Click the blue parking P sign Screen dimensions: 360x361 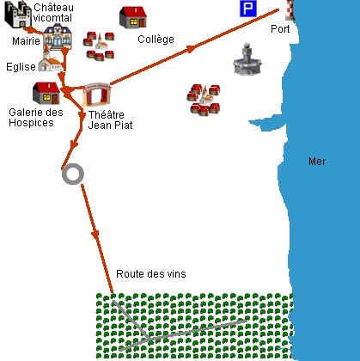[248, 9]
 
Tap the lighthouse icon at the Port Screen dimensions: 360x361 [290, 10]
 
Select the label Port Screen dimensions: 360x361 [280, 29]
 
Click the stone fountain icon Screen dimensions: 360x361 [247, 59]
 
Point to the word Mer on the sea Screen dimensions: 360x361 [317, 162]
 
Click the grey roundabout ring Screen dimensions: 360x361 [73, 165]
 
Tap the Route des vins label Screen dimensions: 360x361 [151, 274]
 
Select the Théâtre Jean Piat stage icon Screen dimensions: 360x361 [96, 95]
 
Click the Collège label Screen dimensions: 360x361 [156, 40]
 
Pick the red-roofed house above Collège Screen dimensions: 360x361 [133, 17]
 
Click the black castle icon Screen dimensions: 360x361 [18, 15]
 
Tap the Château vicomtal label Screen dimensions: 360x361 [53, 13]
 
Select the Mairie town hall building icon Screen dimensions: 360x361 [58, 37]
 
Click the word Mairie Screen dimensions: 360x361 [26, 41]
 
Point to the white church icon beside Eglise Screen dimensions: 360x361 [50, 61]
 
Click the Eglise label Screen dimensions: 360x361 [21, 67]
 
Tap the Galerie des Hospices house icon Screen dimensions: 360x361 [46, 94]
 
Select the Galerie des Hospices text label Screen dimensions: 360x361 [36, 118]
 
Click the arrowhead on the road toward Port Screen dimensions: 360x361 [191, 49]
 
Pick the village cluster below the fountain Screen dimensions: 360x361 [204, 100]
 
